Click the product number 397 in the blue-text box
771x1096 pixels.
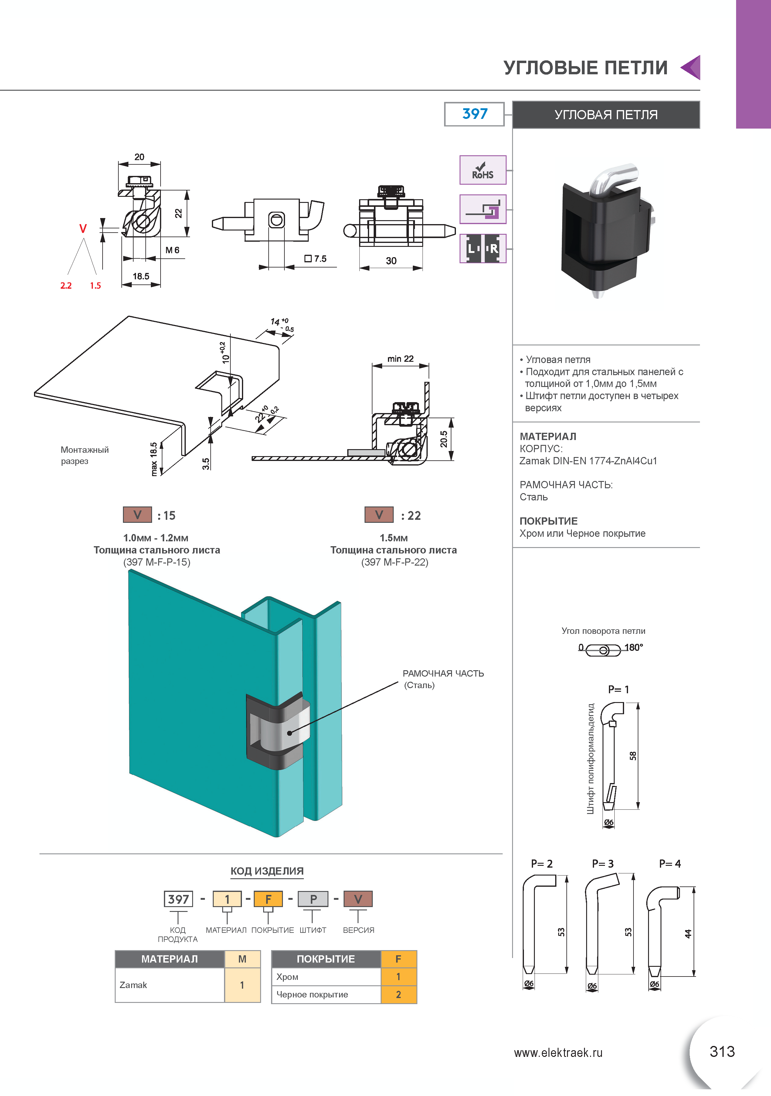tap(474, 114)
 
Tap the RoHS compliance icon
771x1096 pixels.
tap(482, 170)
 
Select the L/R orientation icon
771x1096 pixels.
tap(482, 248)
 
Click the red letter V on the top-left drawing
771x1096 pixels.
tap(83, 229)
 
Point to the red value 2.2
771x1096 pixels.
tap(66, 285)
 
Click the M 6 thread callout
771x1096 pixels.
tap(172, 250)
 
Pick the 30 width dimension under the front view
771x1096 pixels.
tap(391, 261)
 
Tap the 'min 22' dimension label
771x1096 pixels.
tap(400, 358)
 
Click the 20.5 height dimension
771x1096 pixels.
tap(444, 439)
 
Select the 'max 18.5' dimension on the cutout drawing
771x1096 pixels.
tap(154, 459)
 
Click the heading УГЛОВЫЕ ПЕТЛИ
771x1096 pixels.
tap(586, 68)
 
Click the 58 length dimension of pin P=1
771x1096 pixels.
tap(633, 756)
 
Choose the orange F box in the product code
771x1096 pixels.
tap(268, 899)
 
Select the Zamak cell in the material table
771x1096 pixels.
tap(170, 985)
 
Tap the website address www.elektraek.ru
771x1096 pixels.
tap(558, 1053)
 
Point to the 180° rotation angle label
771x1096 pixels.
tap(634, 647)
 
